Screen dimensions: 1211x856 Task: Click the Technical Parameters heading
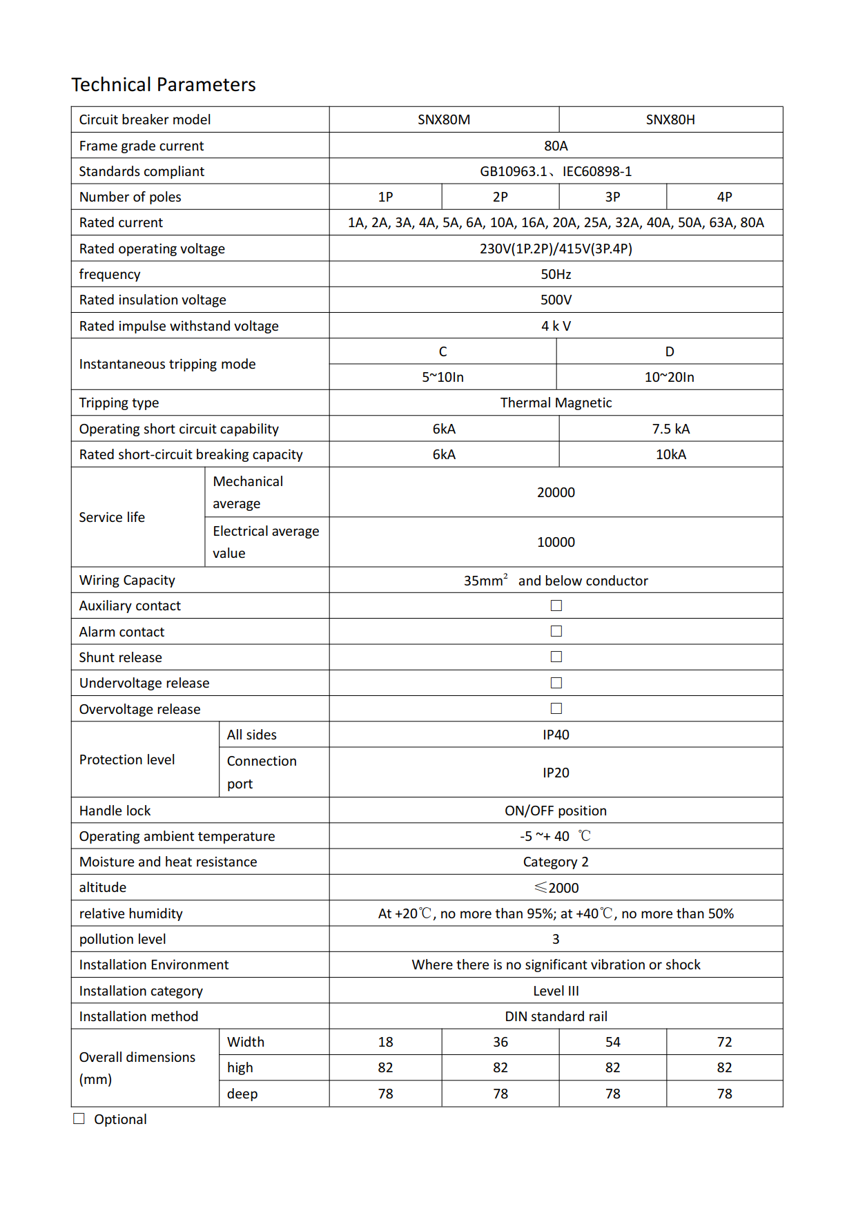tap(164, 85)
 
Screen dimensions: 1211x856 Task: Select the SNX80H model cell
tap(670, 119)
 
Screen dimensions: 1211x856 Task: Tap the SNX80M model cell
tap(444, 119)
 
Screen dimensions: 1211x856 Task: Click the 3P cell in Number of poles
tap(612, 197)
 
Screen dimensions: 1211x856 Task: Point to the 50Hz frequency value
tap(556, 274)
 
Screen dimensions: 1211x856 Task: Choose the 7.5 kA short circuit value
tap(670, 429)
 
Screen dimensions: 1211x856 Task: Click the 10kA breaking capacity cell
tap(670, 454)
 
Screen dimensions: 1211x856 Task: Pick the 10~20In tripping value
tap(669, 377)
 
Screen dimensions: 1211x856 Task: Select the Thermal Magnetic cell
tap(556, 403)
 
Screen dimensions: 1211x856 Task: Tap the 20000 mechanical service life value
tap(556, 492)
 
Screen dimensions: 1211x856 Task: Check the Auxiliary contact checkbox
tap(556, 605)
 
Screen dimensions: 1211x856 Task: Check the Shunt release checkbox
tap(556, 657)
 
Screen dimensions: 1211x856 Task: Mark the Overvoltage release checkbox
tap(556, 708)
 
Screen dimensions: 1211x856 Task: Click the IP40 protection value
tap(556, 735)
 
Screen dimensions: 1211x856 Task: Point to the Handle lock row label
tap(115, 811)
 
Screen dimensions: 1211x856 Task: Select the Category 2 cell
tap(556, 862)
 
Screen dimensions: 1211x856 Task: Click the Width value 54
tap(612, 1042)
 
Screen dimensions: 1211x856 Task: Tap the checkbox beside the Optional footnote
tap(79, 1118)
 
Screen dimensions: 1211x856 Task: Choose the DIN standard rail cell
tap(556, 1016)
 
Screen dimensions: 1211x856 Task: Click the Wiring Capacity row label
tap(127, 580)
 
